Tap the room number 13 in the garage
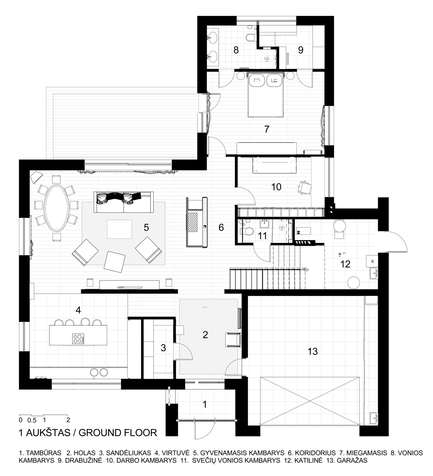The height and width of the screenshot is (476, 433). pos(313,352)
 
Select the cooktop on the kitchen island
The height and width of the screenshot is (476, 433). pos(78,339)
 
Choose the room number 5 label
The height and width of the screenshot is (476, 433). pos(146,227)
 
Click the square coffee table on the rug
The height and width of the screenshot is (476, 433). pos(120,229)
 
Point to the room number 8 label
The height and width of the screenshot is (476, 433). pos(236,50)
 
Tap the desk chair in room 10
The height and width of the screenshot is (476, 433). pos(304,188)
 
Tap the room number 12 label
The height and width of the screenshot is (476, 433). pos(346,264)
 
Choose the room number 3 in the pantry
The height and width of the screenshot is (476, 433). pos(163,348)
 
